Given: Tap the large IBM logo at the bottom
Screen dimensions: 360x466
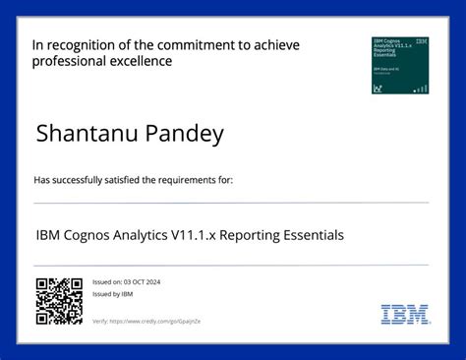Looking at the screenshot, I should pos(405,315).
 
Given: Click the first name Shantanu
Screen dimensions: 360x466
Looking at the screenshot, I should pos(77,135).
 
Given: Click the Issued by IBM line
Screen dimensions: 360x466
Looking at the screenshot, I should pos(112,294).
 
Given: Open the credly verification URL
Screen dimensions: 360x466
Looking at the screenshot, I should pos(162,322).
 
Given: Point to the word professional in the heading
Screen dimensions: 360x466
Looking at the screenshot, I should pos(67,61).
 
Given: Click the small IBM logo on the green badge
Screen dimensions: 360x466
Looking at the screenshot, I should pos(422,42).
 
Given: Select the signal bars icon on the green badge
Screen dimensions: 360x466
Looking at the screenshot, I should pos(421,89).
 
